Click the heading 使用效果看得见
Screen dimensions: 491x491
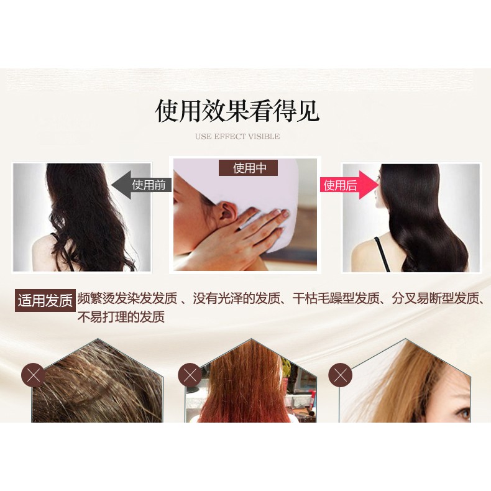coord(237,111)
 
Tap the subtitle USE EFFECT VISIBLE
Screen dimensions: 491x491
coord(237,137)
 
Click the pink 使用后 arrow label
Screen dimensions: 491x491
coord(346,185)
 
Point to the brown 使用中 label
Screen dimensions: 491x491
coord(247,168)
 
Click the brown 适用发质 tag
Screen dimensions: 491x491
coord(45,301)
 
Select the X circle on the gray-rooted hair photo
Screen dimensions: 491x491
coord(34,376)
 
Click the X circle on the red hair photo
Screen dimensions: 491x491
coord(190,376)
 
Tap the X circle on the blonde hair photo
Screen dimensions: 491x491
coord(340,375)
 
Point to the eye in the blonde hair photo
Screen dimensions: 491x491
coord(462,411)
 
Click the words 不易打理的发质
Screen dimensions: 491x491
coord(121,317)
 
